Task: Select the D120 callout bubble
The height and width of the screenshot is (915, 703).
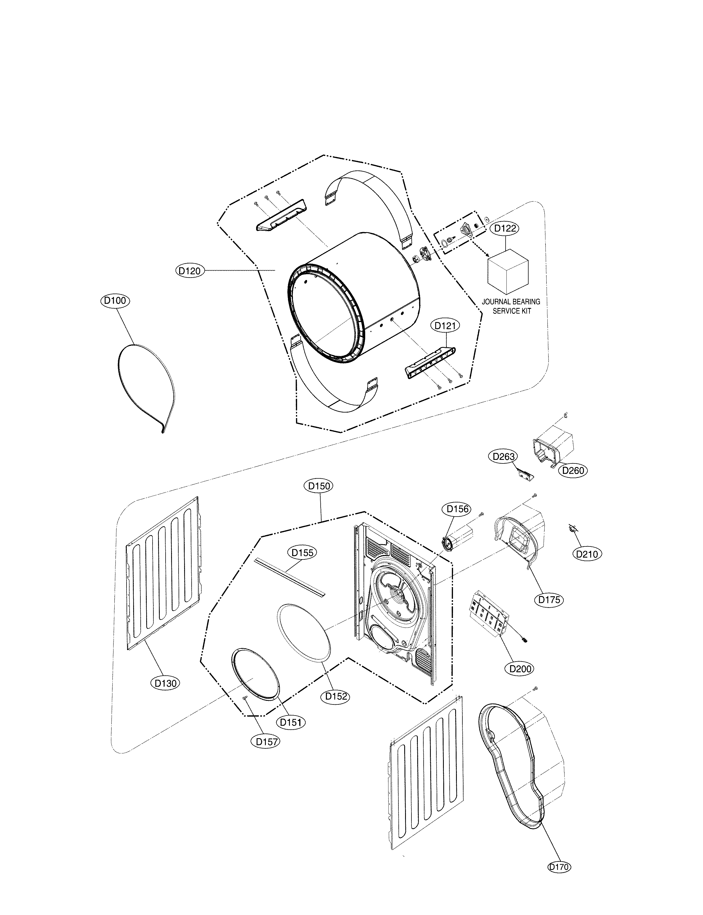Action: (x=190, y=271)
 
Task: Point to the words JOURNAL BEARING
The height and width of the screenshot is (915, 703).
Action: (x=511, y=302)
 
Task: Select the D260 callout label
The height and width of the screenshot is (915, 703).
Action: (x=573, y=470)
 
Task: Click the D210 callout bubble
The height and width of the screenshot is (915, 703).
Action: (x=587, y=554)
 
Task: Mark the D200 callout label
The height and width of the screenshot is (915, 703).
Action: (x=520, y=669)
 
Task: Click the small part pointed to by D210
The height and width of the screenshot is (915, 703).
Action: (x=572, y=528)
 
